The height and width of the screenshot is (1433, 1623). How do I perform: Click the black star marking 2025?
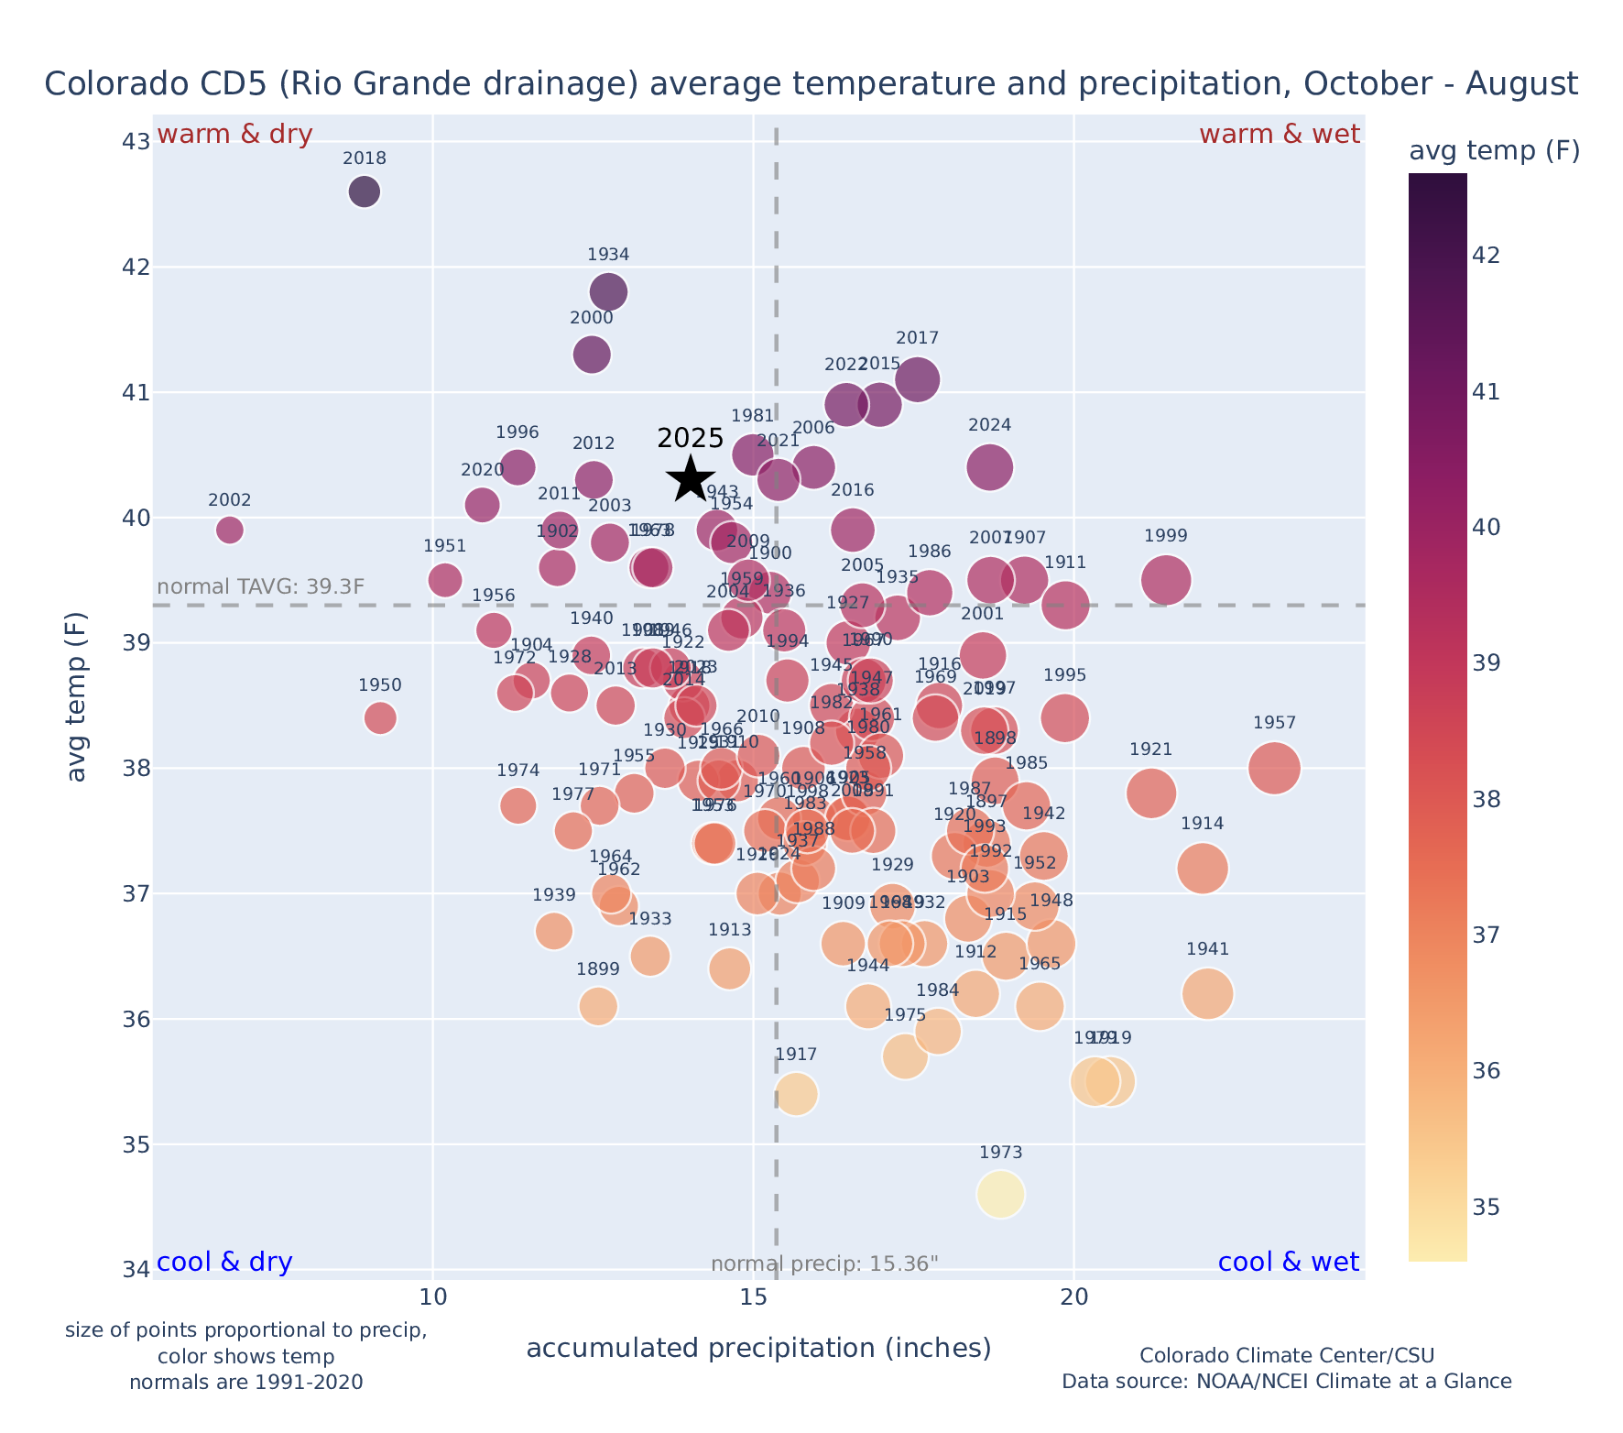point(691,478)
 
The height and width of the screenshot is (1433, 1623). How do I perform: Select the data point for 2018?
point(365,192)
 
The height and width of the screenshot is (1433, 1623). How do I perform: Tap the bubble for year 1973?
point(1000,1194)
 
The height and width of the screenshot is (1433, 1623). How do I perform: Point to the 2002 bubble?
point(230,530)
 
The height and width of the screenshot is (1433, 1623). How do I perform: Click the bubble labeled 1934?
point(608,292)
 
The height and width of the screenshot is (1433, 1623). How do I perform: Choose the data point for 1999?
point(1166,580)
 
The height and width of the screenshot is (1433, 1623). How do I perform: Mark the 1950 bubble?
point(380,717)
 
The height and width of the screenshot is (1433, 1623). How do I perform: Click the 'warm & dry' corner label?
point(235,135)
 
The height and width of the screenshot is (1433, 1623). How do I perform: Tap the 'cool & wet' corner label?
point(1289,1263)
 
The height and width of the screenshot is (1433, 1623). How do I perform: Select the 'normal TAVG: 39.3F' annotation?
point(261,587)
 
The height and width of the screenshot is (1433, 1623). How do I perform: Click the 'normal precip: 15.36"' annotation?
point(824,1264)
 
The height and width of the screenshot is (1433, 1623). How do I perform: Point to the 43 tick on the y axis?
point(136,142)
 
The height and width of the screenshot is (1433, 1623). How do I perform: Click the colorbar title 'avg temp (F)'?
point(1494,151)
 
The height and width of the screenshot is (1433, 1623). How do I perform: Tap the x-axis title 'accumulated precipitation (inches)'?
point(758,1348)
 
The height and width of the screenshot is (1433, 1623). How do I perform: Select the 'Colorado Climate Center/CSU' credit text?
point(1286,1355)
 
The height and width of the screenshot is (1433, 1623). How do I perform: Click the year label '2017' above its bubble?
point(917,339)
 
